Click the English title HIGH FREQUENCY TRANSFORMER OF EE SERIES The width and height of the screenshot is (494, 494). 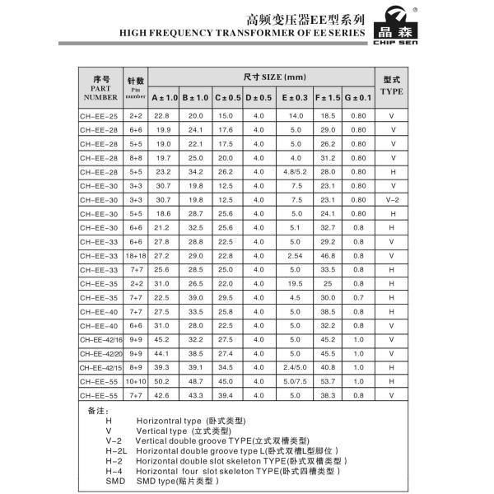(243, 33)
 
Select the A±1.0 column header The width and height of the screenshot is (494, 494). (165, 98)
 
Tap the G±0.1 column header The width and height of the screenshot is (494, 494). (358, 98)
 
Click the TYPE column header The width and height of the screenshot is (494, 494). (392, 86)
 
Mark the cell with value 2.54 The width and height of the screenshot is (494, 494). (296, 255)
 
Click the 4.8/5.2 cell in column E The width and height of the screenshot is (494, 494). (296, 172)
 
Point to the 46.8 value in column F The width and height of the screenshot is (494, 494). (328, 255)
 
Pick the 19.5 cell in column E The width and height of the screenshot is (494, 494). (296, 283)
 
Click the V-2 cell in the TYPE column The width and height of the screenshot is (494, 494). (392, 200)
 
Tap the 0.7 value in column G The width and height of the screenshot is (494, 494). (358, 297)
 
